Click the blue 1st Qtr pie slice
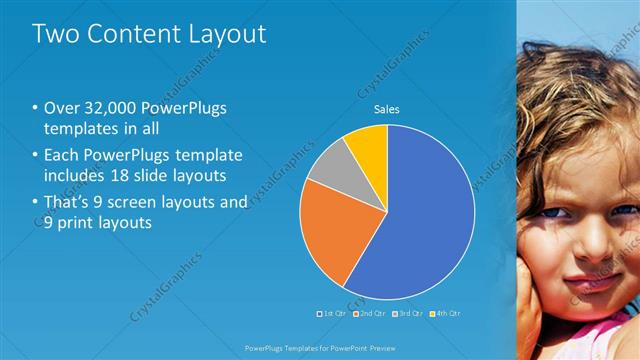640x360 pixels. (425, 215)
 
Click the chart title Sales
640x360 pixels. (387, 109)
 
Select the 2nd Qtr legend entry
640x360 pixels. (370, 314)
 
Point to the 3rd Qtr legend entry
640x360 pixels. (410, 314)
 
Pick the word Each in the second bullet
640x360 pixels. (62, 156)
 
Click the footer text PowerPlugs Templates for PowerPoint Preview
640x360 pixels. (320, 349)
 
